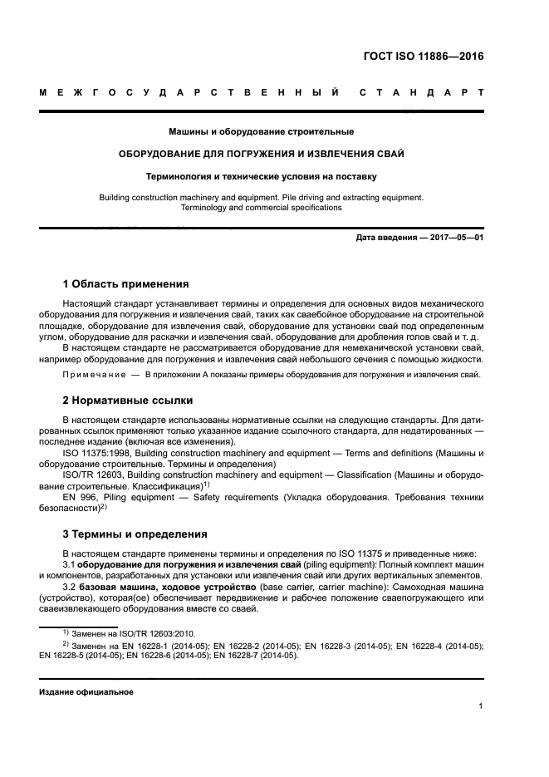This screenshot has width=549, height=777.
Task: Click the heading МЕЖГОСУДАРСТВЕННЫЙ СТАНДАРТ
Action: tap(261, 93)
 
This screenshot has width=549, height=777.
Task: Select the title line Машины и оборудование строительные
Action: tap(261, 131)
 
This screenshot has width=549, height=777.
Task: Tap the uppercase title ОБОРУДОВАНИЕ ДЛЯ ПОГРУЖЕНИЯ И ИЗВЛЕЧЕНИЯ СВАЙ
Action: tap(261, 154)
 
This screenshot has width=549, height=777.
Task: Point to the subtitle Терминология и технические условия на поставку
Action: tap(261, 176)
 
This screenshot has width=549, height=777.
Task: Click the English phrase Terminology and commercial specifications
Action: tap(261, 208)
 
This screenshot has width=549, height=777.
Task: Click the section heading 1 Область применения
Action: tap(125, 283)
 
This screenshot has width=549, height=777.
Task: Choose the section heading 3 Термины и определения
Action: tap(135, 534)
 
